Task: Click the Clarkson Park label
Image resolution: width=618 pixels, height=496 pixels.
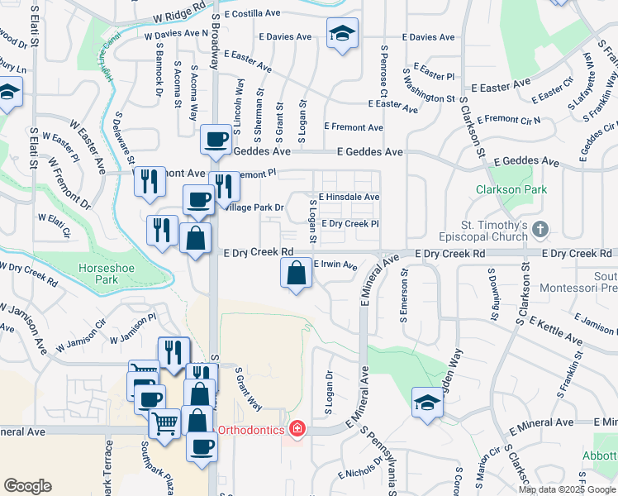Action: point(511,189)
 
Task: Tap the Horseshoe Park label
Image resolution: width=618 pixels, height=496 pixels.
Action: point(110,274)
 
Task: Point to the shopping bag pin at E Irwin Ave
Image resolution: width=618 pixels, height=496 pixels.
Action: point(297,274)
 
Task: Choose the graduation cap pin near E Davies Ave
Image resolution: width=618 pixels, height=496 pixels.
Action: point(342,34)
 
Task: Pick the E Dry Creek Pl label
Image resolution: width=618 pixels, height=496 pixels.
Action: point(350,224)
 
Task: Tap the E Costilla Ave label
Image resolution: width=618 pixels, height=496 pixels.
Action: point(252,14)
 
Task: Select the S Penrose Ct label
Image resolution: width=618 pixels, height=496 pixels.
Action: point(384,69)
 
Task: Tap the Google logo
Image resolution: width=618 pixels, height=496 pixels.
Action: point(27,486)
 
